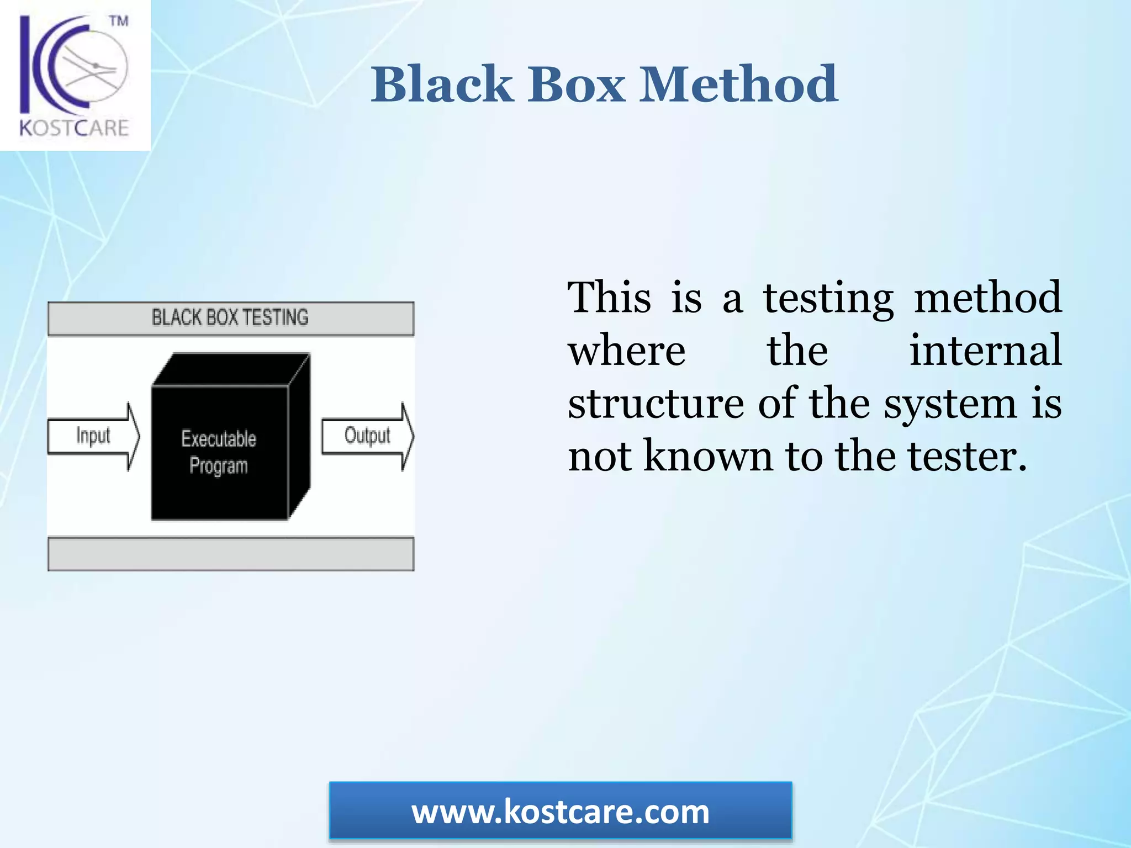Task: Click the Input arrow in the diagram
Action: (x=93, y=436)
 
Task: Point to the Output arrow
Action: (x=367, y=436)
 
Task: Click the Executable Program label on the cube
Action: (x=219, y=452)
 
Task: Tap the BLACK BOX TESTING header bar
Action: (x=230, y=318)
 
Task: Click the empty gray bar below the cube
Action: (x=230, y=554)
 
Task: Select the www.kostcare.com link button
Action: (x=561, y=812)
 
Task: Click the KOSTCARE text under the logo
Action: (x=75, y=128)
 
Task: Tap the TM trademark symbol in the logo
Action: (x=118, y=22)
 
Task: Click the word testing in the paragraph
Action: (x=828, y=298)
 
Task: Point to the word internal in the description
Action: (x=985, y=351)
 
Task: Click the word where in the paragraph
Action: (x=627, y=351)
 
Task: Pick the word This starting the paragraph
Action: (x=610, y=298)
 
